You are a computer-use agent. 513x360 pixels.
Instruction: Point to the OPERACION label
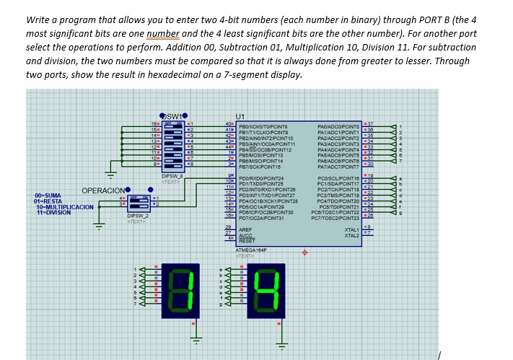pos(104,191)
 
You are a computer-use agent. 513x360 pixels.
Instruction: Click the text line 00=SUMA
pos(48,195)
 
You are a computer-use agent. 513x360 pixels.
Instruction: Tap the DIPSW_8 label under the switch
pos(172,175)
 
